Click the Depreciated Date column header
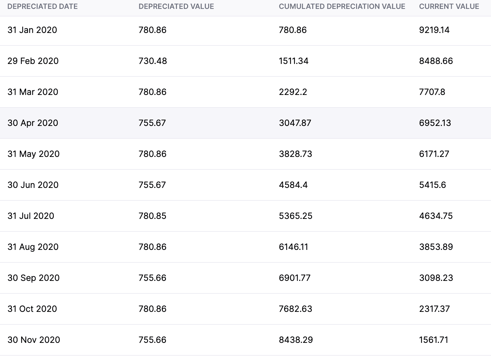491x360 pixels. pos(43,7)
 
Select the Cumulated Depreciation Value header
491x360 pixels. pos(342,7)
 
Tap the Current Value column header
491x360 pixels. pos(449,7)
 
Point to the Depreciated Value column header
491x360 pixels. pos(176,7)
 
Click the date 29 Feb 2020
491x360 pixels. pos(33,61)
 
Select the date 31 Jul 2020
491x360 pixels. pos(31,216)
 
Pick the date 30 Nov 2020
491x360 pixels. pos(34,340)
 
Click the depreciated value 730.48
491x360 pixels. pos(153,61)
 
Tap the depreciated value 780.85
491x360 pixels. pos(152,216)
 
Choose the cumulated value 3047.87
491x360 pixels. pos(295,123)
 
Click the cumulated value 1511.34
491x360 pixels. pos(294,61)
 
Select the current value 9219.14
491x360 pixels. pos(434,30)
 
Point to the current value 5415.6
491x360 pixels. pos(433,185)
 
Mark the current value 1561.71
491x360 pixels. pos(434,340)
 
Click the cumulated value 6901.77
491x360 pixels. pos(295,278)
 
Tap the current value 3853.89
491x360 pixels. pos(436,247)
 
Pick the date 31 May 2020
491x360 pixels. pos(33,154)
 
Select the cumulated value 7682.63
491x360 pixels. pos(295,309)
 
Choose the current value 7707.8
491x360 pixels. pos(432,92)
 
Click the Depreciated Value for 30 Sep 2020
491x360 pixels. pos(152,278)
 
